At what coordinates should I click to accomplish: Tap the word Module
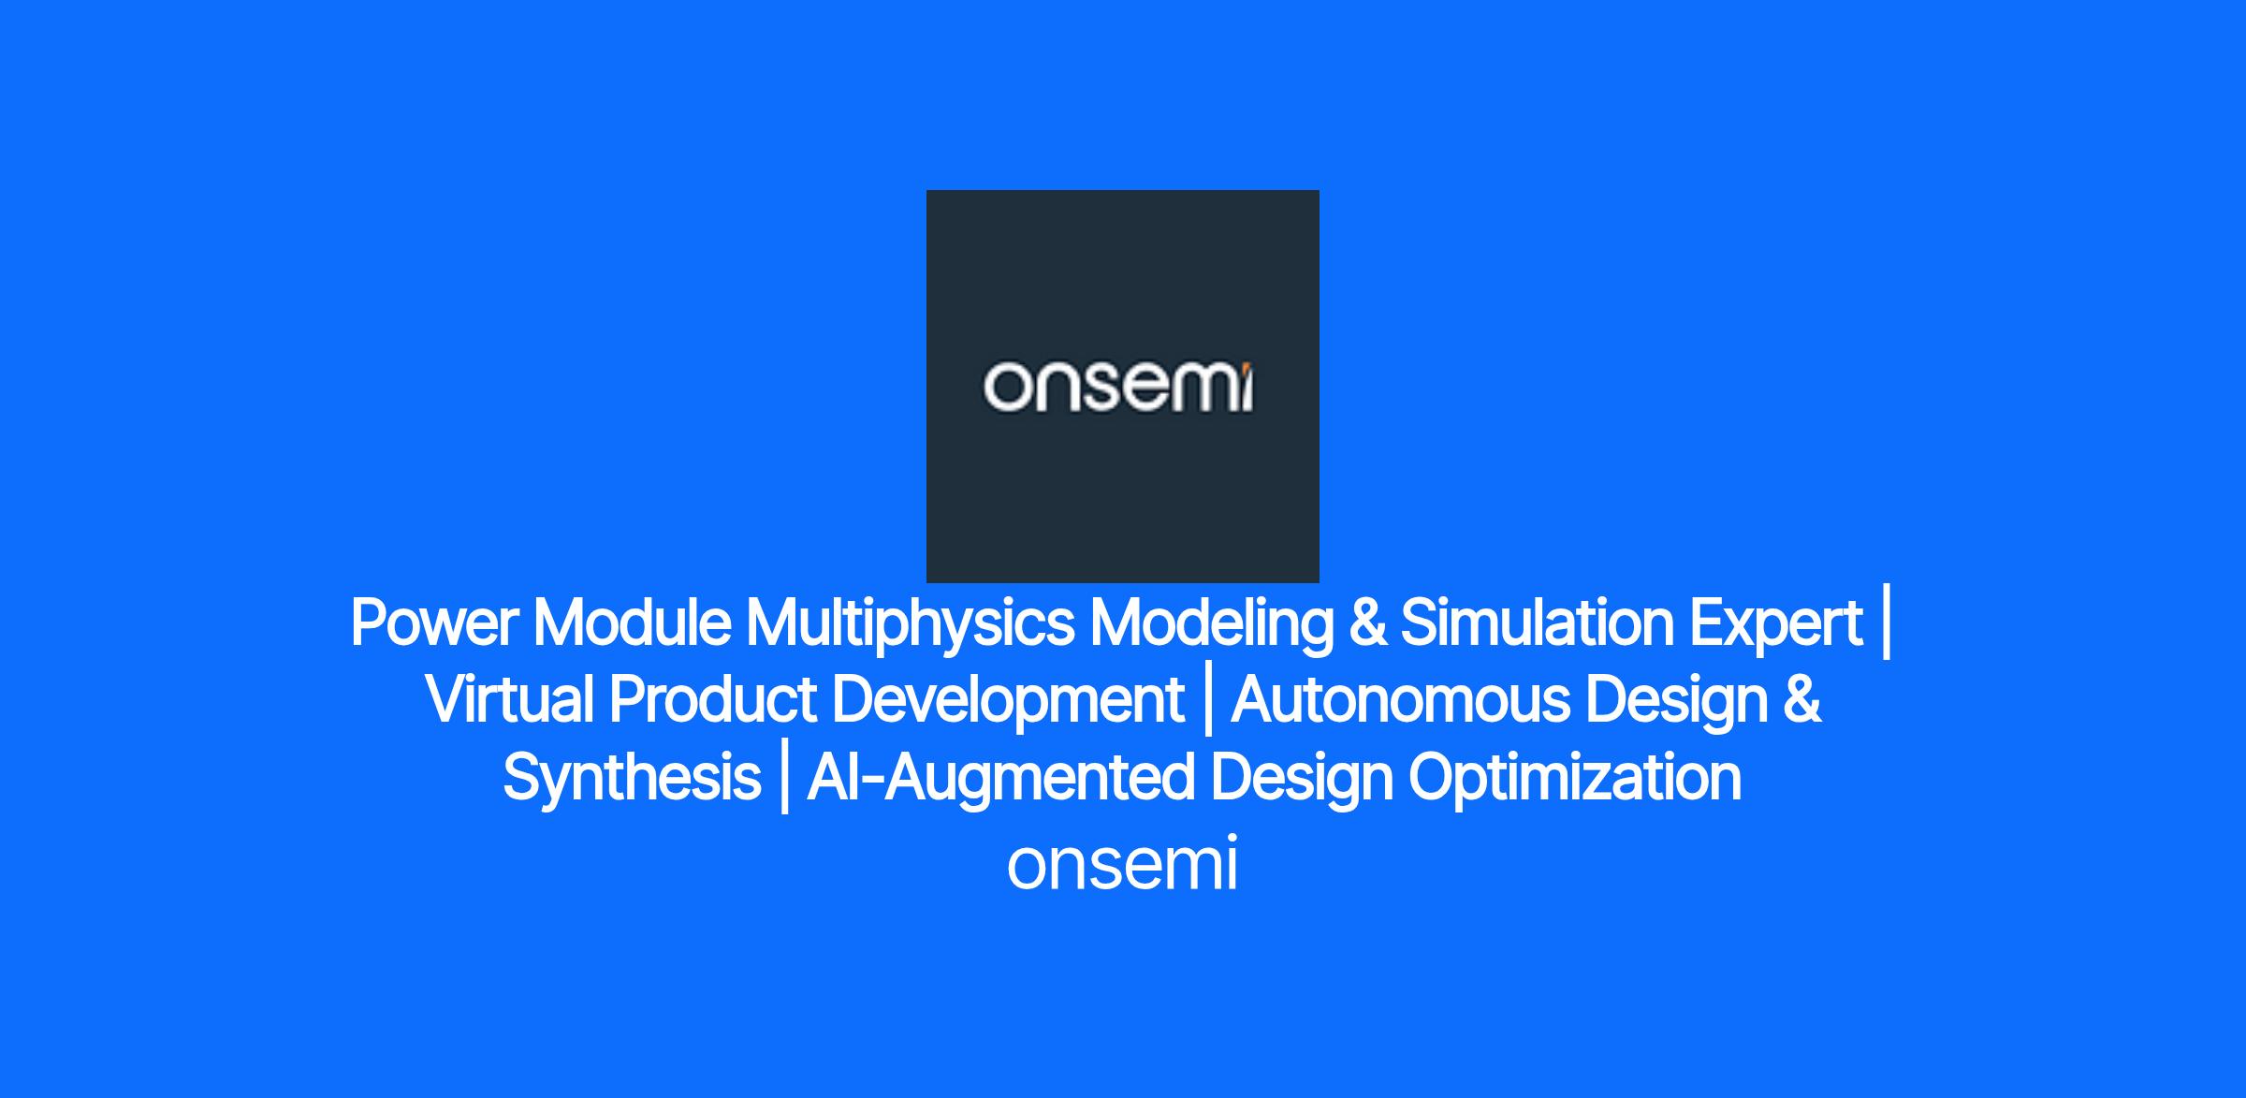point(632,622)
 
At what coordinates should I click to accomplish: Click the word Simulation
point(1537,622)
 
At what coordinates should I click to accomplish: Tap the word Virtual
point(509,700)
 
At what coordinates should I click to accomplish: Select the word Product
point(713,700)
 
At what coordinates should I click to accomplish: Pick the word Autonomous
point(1400,700)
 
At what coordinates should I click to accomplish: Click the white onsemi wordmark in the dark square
point(1118,387)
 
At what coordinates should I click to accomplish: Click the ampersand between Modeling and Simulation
point(1367,623)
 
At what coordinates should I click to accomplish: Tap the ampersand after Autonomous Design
point(1802,701)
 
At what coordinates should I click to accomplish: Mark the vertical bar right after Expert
point(1886,624)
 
